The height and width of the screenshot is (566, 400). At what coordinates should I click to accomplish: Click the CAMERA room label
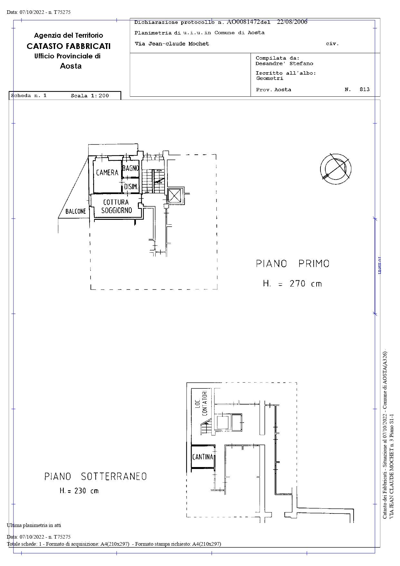107,173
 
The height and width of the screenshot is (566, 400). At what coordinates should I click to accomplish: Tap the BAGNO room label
131,168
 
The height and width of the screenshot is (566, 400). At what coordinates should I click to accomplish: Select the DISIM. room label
131,187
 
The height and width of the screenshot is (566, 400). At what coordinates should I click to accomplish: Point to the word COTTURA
116,202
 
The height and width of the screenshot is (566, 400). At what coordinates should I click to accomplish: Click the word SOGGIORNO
117,210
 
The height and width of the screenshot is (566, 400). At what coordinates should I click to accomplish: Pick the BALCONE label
76,211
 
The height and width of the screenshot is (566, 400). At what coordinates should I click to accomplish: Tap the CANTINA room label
203,457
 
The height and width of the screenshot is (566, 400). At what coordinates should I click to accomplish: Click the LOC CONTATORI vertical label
201,403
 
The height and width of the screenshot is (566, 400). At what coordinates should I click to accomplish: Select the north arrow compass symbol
336,169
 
